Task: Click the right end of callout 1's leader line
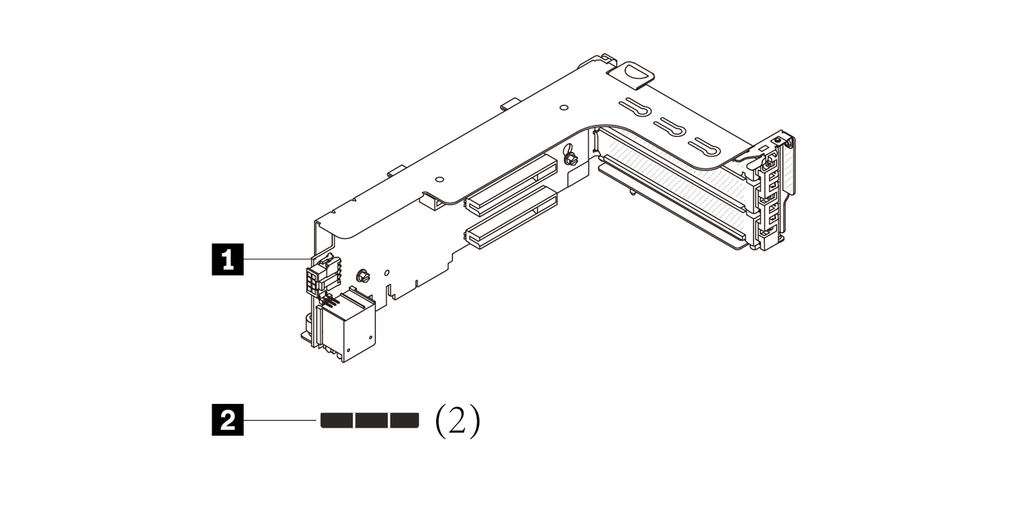[x=312, y=259]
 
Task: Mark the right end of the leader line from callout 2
[x=317, y=420]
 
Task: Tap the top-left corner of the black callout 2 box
[x=212, y=405]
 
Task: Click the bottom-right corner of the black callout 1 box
[x=244, y=275]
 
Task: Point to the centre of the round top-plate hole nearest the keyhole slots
[x=564, y=108]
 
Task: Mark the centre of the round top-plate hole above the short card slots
[x=439, y=179]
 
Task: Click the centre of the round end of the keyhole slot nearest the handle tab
[x=642, y=110]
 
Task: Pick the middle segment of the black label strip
[x=372, y=420]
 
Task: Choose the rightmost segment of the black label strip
[x=404, y=420]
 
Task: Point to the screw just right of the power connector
[x=362, y=276]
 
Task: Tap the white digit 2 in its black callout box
[x=228, y=421]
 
